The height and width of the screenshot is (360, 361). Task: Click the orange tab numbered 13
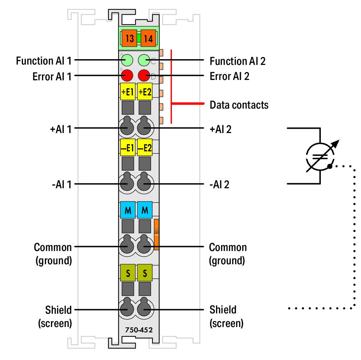pos(130,38)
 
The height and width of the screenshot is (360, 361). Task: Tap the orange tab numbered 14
pos(148,38)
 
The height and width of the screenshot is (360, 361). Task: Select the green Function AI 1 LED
pos(127,60)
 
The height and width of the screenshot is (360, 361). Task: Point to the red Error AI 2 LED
pos(144,75)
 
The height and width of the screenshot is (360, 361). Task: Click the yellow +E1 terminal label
pos(127,91)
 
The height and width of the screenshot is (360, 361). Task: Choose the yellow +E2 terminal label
pos(145,91)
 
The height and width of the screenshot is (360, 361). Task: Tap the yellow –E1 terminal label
pos(127,147)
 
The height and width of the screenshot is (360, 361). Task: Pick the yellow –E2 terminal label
pos(145,147)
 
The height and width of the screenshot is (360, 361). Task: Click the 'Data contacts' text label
pos(239,105)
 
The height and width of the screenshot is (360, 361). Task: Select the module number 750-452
pos(139,330)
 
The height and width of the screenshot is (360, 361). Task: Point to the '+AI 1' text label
pos(61,129)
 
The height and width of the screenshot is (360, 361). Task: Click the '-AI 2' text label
pos(219,185)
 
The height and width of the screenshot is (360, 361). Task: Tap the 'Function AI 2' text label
pos(238,61)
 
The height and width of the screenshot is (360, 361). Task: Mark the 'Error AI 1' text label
pos(52,77)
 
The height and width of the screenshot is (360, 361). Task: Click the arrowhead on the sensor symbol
pos(335,144)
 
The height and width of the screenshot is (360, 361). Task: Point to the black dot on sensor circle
pos(330,166)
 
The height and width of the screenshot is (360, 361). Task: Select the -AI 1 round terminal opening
pos(127,182)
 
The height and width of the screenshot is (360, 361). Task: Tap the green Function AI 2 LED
pos(144,60)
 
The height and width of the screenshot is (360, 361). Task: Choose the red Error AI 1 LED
pos(127,75)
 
